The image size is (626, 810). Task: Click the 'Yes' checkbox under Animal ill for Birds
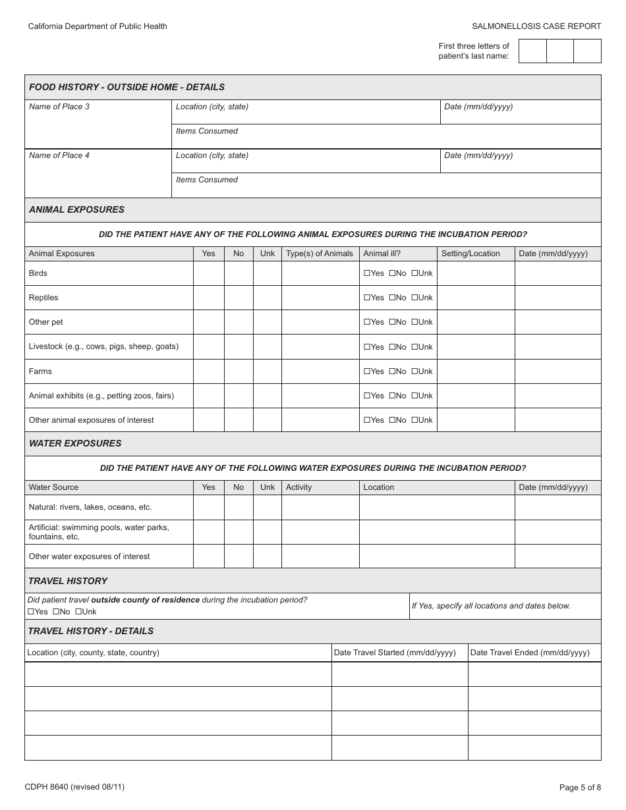tap(366, 273)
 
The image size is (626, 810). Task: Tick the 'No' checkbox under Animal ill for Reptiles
tap(392, 298)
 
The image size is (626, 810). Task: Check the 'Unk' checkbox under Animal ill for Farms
tap(415, 371)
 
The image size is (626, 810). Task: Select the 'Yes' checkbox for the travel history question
tap(30, 612)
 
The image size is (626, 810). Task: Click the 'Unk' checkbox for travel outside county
tap(78, 612)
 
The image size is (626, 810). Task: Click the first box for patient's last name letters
tap(532, 51)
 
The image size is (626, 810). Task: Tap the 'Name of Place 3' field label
tap(59, 107)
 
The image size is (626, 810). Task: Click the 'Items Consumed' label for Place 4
tap(206, 180)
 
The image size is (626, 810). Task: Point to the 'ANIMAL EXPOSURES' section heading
tap(76, 209)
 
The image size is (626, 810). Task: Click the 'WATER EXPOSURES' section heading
tap(74, 443)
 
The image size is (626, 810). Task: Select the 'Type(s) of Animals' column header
tap(320, 254)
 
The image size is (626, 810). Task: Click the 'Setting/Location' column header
tap(470, 254)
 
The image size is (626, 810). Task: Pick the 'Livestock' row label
tap(103, 346)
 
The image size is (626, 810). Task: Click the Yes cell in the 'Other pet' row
tap(208, 322)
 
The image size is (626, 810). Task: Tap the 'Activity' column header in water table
tap(299, 487)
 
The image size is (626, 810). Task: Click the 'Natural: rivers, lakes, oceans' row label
tap(90, 507)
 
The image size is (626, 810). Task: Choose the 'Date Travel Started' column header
tap(395, 653)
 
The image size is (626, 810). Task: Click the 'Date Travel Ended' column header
tap(530, 653)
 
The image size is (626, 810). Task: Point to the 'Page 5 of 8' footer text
tap(580, 787)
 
